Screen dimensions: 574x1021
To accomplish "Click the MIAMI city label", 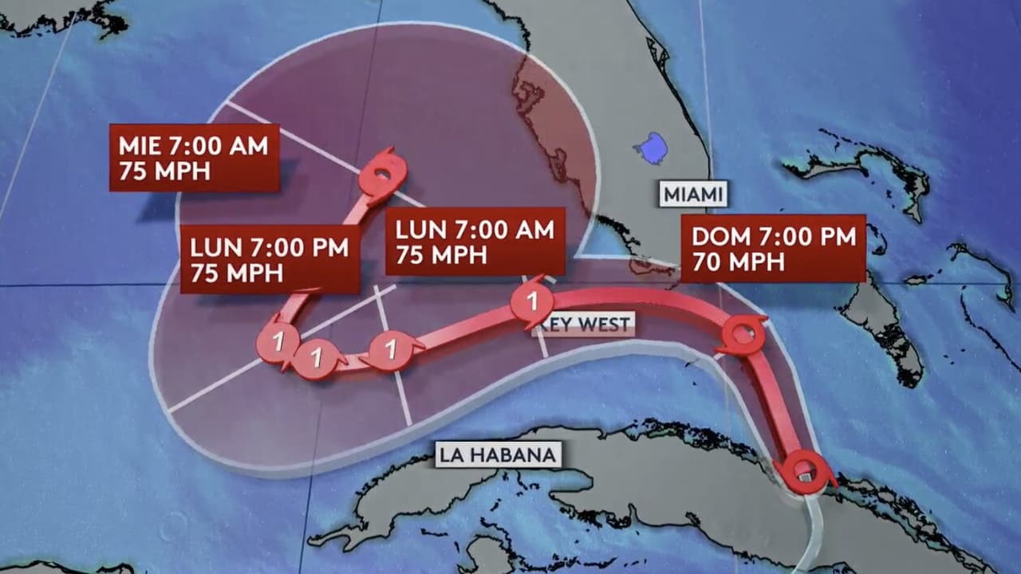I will tap(693, 194).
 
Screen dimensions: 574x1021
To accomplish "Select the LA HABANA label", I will tap(497, 455).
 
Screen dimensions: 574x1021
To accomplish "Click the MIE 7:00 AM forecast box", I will tap(194, 158).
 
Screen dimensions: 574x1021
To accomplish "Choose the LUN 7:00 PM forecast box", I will tap(270, 259).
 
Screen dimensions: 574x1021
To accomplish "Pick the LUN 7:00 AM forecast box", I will tap(475, 242).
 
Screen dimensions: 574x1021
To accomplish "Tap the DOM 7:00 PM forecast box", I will tap(773, 248).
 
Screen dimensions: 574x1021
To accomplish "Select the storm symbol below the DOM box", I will tap(742, 335).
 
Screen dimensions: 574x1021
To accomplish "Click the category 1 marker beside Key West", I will tap(531, 303).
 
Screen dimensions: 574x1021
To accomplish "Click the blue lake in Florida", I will tap(651, 147).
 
